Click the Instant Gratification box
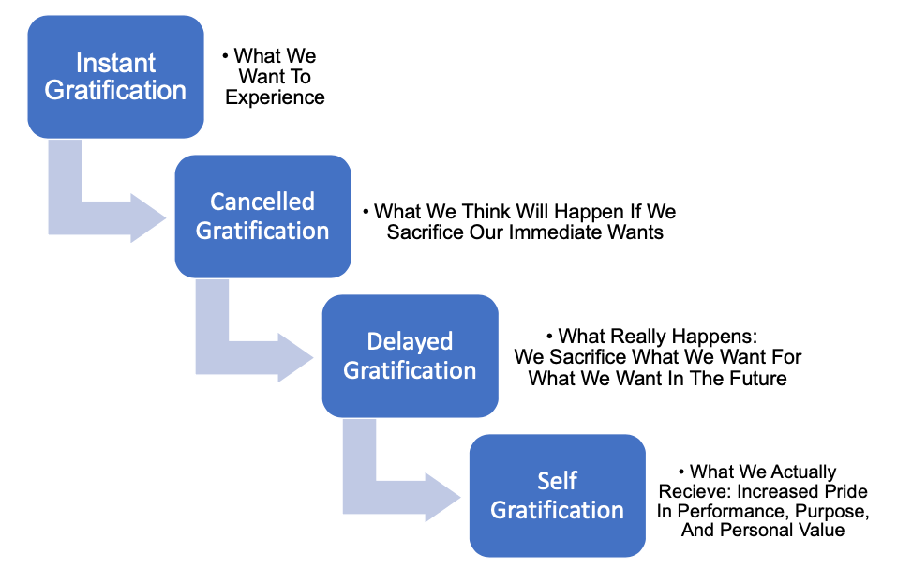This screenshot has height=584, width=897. tap(115, 77)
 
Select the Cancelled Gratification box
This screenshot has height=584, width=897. tap(262, 217)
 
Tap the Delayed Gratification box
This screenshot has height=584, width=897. tap(410, 356)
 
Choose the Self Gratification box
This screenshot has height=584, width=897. tap(557, 496)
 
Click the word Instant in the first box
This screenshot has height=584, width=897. tap(115, 63)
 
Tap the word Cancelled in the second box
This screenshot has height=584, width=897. tap(262, 202)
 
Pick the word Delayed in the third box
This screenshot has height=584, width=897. tap(410, 341)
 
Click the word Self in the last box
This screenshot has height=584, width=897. tap(557, 481)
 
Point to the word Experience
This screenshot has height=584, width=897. tap(276, 97)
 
